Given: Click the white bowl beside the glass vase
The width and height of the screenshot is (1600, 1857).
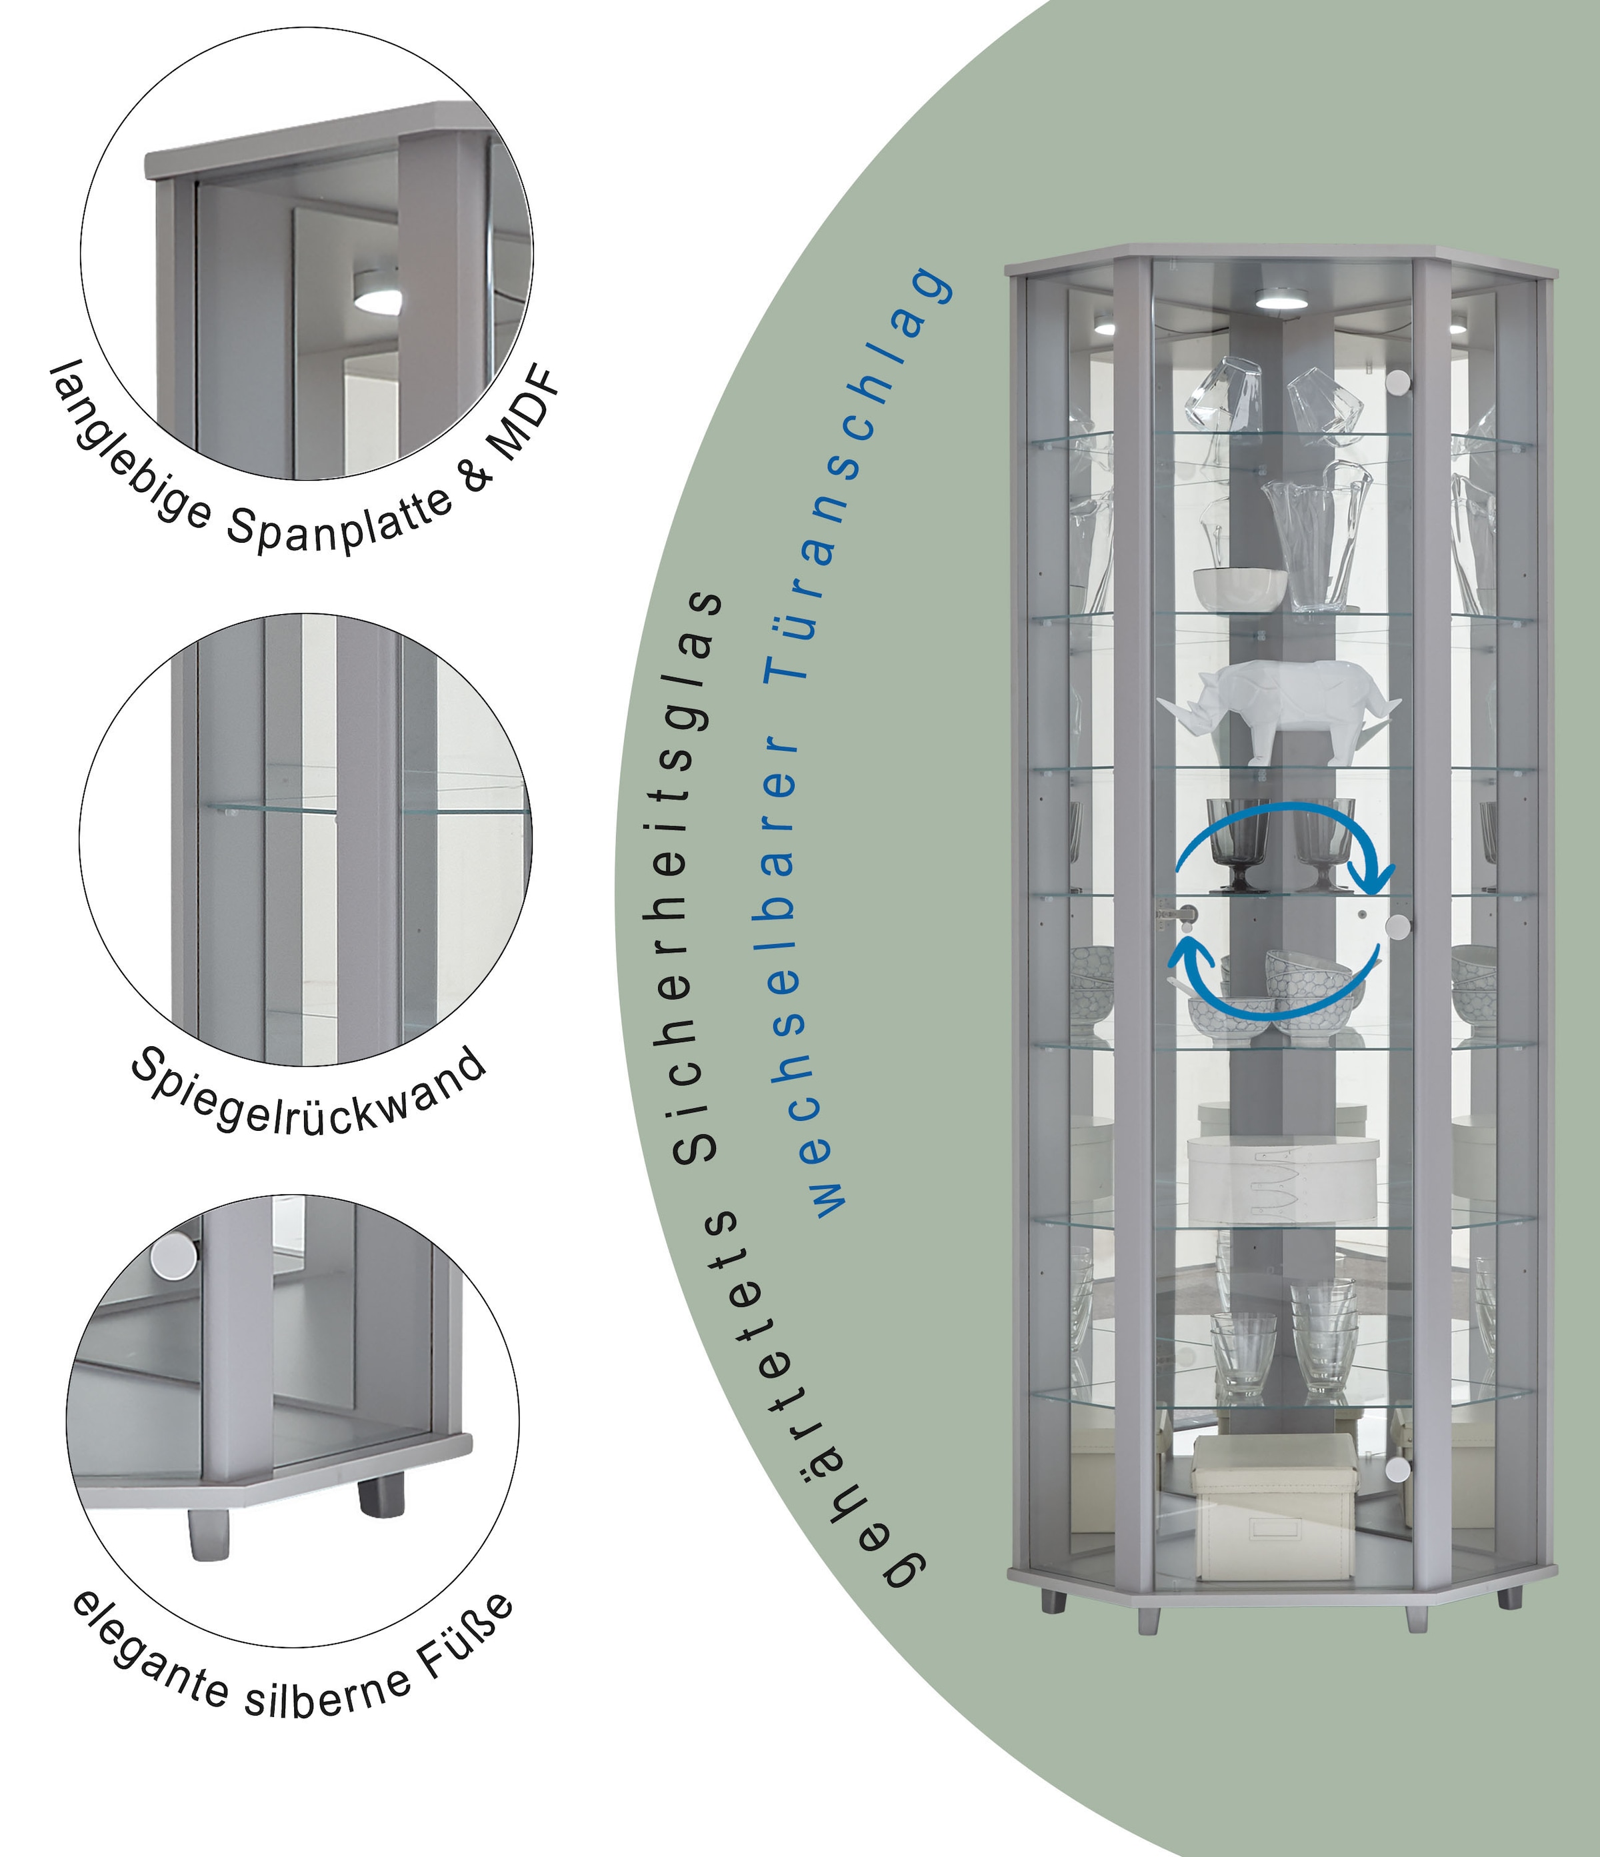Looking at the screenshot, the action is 1239,589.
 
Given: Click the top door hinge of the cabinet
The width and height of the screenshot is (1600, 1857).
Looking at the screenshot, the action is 1397,383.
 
